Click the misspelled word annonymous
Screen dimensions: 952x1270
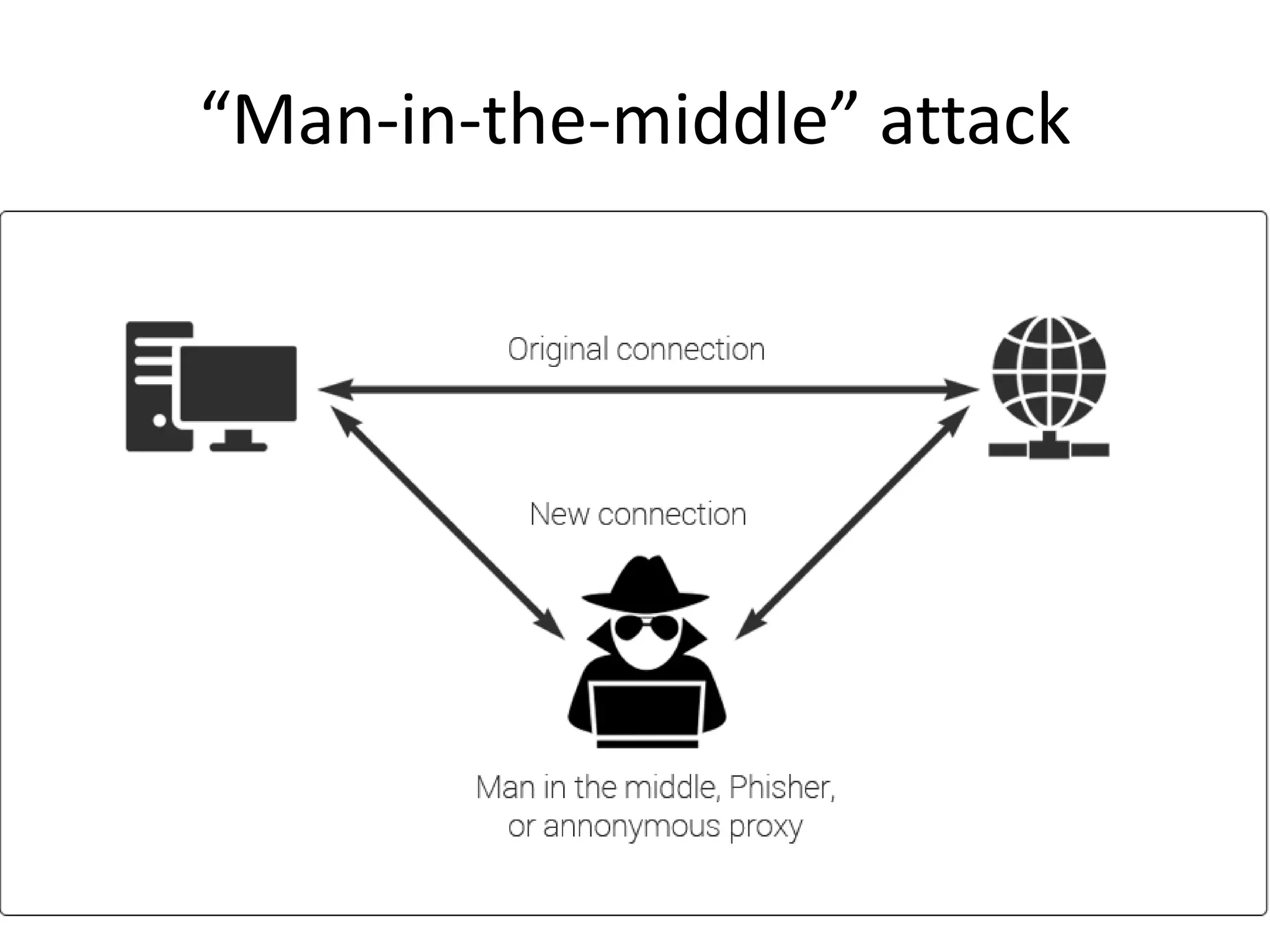[x=631, y=826]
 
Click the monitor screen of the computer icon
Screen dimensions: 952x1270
[x=239, y=383]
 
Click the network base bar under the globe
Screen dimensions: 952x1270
[x=1048, y=449]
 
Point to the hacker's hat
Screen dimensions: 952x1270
[x=645, y=583]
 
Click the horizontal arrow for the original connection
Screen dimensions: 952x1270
[x=648, y=390]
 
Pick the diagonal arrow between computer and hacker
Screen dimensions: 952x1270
[x=448, y=522]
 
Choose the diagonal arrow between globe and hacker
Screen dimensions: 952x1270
[x=853, y=522]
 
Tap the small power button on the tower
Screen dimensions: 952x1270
[x=160, y=420]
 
